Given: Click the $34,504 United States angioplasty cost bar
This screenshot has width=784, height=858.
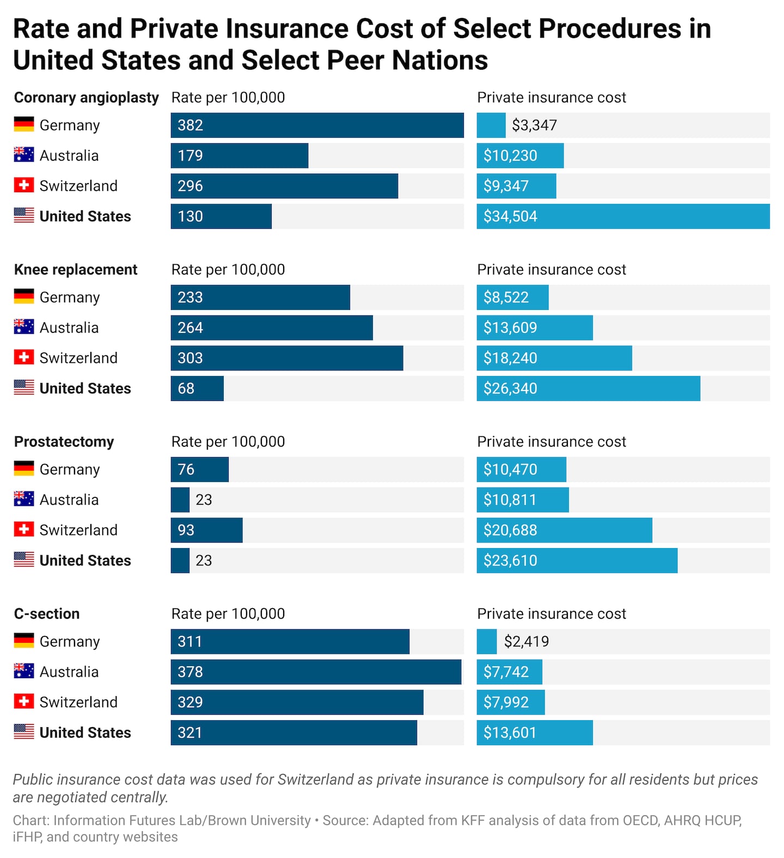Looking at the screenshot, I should tap(623, 216).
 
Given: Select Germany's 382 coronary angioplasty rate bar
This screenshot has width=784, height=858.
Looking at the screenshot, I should tap(317, 125).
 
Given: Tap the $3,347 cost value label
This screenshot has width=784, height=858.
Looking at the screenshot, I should tap(534, 125).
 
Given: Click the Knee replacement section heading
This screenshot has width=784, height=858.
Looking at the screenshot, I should tap(76, 270).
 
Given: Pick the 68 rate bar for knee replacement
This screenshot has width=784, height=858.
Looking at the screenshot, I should tap(197, 388).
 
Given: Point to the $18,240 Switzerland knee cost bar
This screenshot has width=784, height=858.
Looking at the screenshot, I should tap(554, 358).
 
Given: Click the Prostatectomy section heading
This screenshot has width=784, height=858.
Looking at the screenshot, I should tap(64, 442).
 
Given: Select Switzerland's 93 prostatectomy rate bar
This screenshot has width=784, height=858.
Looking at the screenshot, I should tap(206, 530).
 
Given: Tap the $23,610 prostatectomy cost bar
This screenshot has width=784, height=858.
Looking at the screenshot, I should tap(577, 561).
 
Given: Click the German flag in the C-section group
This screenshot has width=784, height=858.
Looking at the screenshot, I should tap(24, 641).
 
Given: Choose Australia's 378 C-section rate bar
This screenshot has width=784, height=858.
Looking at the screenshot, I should tap(316, 672).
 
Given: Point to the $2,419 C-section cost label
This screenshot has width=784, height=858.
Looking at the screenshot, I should tap(526, 642).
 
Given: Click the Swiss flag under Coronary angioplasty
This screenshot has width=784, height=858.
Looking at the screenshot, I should tap(24, 185).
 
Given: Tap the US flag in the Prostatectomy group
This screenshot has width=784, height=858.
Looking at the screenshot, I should tap(24, 559).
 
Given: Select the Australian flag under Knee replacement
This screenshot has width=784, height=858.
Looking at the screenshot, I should tap(24, 327).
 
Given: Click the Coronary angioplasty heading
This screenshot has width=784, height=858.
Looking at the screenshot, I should tap(87, 98).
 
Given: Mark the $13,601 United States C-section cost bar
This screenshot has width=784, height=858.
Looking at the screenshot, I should tap(535, 733).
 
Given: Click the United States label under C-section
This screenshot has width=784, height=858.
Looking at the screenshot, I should tap(85, 733).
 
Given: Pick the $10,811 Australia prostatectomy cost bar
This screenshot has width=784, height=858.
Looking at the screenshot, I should tap(523, 500).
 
